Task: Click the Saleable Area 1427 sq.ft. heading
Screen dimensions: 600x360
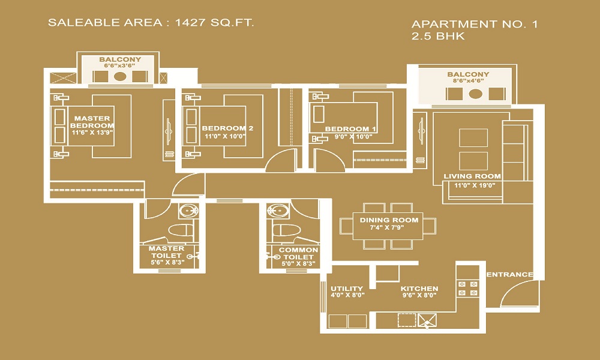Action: coord(151,23)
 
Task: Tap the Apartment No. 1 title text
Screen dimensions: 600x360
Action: coord(475,24)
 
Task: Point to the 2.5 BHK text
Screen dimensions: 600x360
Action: coord(438,37)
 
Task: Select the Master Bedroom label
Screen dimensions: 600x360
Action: coord(92,122)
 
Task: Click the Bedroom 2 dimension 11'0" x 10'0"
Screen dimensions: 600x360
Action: coord(225,136)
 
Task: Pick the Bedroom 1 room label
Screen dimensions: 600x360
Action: coord(350,129)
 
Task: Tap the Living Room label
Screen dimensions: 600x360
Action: coord(472,176)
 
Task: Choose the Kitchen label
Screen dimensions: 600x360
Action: coord(419,289)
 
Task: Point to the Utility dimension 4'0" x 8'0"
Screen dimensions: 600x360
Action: coord(347,295)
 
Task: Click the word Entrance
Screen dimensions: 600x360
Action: coord(509,274)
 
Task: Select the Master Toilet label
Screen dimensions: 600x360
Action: coord(166,252)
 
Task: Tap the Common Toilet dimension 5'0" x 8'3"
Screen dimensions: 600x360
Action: coord(298,263)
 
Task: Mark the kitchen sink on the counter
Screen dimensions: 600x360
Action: coord(427,320)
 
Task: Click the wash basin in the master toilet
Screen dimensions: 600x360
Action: coord(188,211)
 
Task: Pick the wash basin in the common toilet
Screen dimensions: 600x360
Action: coord(277,211)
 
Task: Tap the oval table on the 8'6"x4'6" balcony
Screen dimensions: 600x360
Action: coord(475,94)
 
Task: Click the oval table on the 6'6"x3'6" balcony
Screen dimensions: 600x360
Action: coord(120,76)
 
